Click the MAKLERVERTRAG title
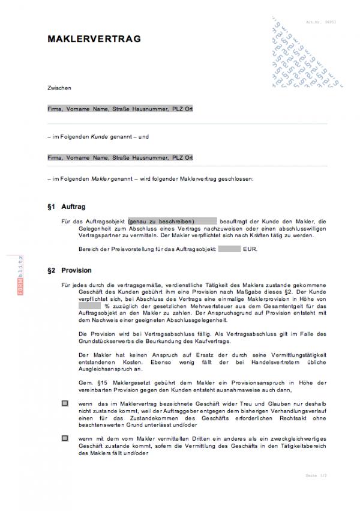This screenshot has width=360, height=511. (x=94, y=38)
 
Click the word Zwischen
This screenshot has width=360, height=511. (x=59, y=88)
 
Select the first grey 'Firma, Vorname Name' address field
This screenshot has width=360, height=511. (x=120, y=109)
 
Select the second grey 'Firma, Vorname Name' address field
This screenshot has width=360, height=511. (x=120, y=158)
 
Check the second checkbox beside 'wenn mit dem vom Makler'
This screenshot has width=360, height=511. (x=65, y=440)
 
